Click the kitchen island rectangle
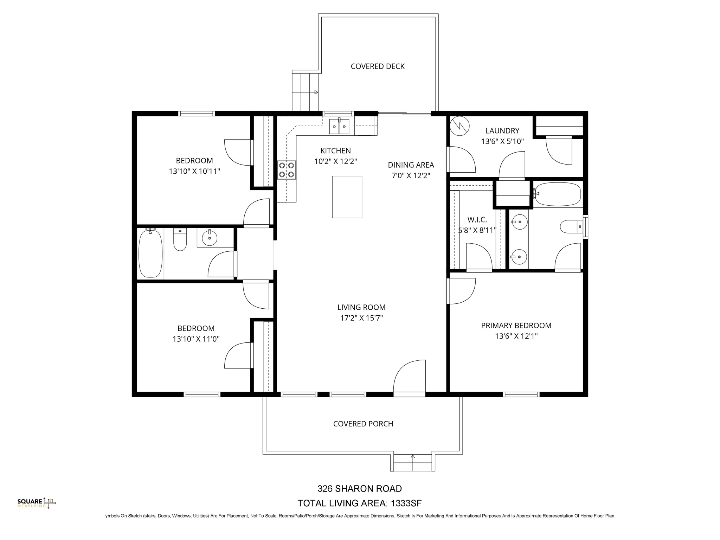click(x=347, y=197)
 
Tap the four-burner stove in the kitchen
click(x=286, y=170)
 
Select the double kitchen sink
click(x=339, y=127)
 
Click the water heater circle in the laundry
click(x=460, y=126)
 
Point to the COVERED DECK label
click(x=378, y=66)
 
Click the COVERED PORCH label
click(x=363, y=424)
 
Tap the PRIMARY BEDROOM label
click(x=516, y=326)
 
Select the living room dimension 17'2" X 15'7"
click(x=361, y=318)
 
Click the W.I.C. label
click(x=477, y=220)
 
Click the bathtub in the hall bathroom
click(x=151, y=253)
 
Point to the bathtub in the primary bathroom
click(x=558, y=194)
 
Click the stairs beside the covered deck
click(x=305, y=92)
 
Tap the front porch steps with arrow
click(x=412, y=463)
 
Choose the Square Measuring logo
click(x=37, y=503)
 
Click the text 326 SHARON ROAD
click(x=359, y=489)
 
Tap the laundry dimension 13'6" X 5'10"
click(x=502, y=142)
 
